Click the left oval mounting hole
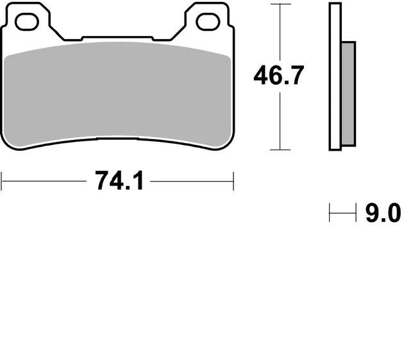(27, 22)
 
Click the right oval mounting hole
(208, 22)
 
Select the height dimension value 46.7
(278, 76)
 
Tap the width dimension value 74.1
(118, 182)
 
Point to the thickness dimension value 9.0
(383, 212)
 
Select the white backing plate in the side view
(335, 77)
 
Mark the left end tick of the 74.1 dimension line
(2, 181)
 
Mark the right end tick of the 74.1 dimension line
(233, 181)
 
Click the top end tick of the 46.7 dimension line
(276, 4)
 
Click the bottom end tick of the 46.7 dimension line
(276, 150)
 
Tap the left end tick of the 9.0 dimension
(330, 212)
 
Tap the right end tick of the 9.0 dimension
(355, 212)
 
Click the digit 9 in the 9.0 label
(372, 212)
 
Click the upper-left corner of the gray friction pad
(8, 55)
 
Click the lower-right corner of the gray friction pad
(228, 142)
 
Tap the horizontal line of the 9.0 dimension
(342, 212)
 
